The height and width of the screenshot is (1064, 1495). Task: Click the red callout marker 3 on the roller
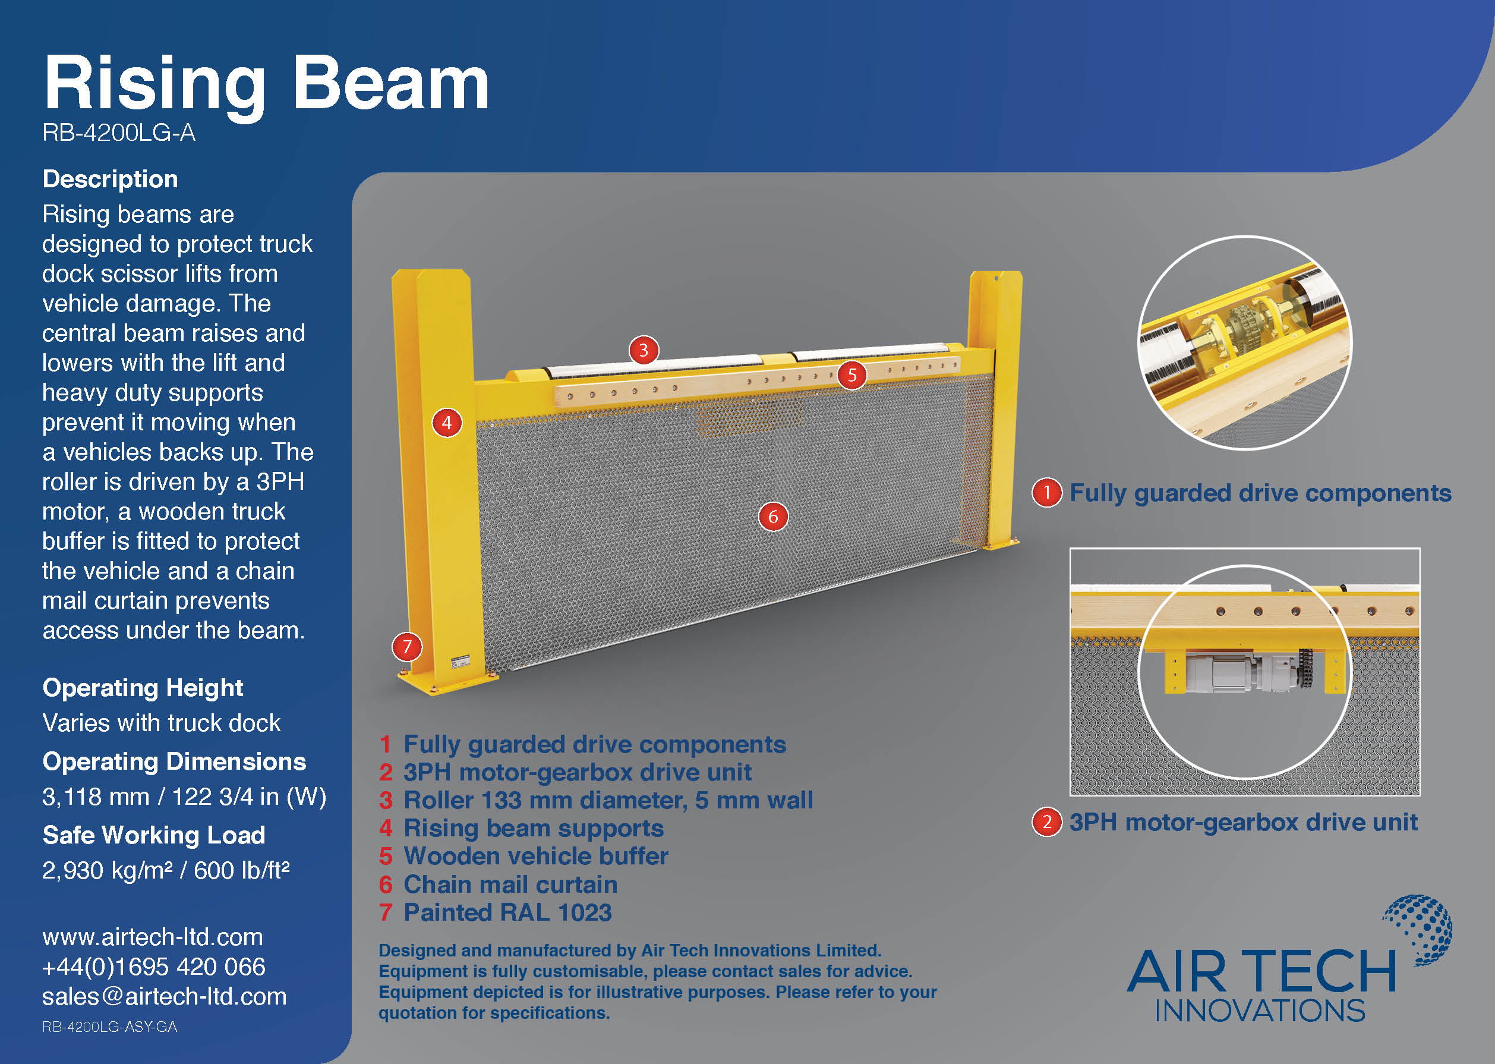(643, 350)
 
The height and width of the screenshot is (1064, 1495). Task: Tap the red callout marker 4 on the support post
(447, 423)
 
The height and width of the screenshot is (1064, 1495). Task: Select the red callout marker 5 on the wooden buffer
(851, 374)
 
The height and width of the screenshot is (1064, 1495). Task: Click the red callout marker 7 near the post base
(406, 647)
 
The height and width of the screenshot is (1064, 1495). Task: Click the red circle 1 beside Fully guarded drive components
(1046, 492)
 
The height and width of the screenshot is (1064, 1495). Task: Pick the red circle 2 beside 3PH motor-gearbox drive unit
(1046, 821)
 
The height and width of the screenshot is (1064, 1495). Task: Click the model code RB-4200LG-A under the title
(118, 133)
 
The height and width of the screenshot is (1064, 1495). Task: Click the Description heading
(110, 179)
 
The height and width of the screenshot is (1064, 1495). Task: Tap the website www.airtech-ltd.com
(153, 937)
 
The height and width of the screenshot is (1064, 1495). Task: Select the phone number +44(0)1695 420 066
(154, 967)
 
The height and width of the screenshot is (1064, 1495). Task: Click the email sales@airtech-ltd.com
(165, 996)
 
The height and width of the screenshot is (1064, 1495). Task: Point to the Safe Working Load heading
(154, 835)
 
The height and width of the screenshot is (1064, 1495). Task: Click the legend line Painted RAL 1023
(495, 912)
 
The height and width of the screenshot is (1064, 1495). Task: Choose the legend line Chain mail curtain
(498, 884)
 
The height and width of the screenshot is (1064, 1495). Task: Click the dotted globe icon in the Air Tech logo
(1419, 929)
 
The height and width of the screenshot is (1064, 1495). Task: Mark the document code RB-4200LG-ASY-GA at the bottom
(109, 1027)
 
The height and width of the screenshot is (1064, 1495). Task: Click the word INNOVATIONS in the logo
(1259, 1011)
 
